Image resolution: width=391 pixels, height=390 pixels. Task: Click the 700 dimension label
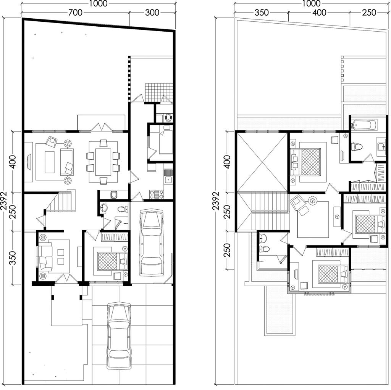tap(75, 12)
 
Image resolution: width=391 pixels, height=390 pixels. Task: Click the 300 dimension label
tap(152, 12)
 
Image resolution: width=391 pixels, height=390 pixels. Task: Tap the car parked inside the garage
tap(151, 242)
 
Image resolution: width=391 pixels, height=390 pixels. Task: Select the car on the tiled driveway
tap(119, 336)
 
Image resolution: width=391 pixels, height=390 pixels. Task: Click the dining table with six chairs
tap(103, 162)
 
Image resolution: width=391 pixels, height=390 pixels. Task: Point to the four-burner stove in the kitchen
tap(157, 194)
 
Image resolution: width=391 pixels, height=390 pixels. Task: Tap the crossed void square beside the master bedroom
tap(262, 162)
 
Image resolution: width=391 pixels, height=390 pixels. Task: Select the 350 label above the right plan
tap(262, 12)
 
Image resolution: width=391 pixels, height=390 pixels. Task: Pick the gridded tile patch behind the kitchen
tap(159, 93)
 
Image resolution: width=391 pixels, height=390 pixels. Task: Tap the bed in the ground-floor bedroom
tap(113, 261)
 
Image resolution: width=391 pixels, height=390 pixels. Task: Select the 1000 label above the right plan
tap(311, 3)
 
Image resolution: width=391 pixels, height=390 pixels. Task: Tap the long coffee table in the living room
tap(49, 162)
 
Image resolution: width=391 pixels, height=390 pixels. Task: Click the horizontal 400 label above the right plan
tap(319, 12)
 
